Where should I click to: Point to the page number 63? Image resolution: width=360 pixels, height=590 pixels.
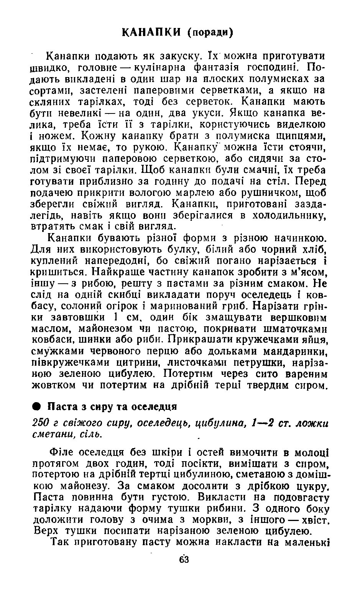coord(184,560)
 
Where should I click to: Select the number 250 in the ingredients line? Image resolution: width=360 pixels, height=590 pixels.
coord(39,423)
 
